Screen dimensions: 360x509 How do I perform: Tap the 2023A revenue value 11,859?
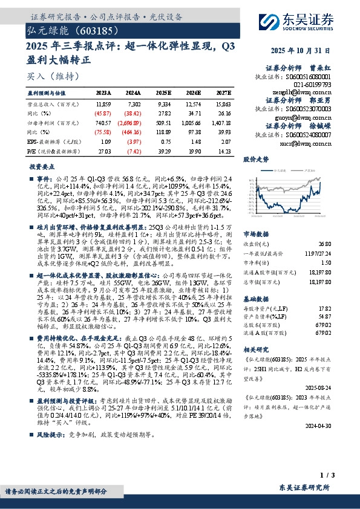click(103, 105)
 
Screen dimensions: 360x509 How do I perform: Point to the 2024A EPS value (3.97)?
click(133, 140)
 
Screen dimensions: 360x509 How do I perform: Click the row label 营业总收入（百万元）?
click(50, 105)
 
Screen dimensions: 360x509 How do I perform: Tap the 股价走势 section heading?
click(255, 160)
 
